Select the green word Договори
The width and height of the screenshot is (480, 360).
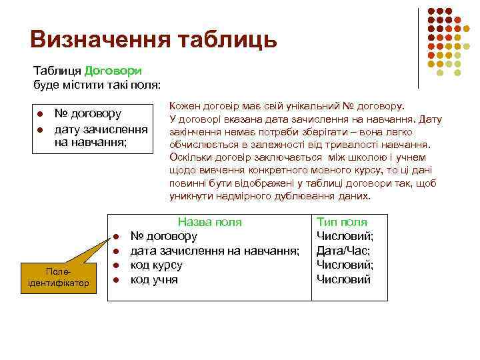113,70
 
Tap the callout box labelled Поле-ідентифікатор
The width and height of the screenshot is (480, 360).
60,277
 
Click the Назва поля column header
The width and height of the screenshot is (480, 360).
209,222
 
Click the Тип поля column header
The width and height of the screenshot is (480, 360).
341,222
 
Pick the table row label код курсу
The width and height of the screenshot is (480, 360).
156,265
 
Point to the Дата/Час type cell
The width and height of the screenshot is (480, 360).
343,251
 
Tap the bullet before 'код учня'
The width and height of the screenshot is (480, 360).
115,280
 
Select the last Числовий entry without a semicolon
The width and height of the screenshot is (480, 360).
343,279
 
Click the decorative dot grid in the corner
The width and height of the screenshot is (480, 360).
443,39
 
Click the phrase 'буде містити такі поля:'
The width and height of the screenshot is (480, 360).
97,84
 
